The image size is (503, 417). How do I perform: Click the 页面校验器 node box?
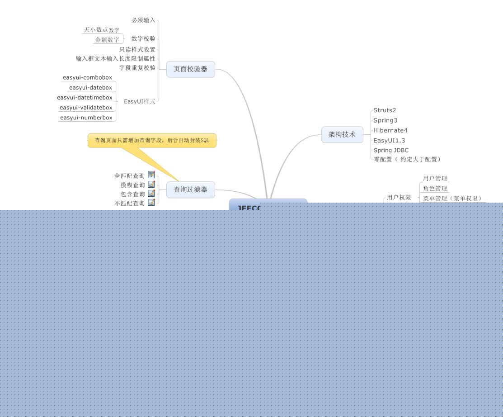click(x=190, y=69)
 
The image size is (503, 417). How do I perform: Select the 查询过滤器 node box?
click(x=190, y=190)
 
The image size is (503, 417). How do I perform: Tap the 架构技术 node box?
click(x=342, y=135)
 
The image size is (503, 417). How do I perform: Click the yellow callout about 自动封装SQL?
click(x=152, y=140)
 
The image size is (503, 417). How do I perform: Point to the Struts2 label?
click(x=385, y=110)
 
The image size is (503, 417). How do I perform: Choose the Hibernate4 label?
click(x=390, y=130)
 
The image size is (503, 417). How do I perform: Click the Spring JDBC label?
click(x=391, y=150)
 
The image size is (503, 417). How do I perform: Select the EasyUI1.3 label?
click(x=389, y=140)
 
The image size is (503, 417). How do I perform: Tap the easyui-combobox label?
click(x=88, y=78)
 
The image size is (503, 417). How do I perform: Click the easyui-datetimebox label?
click(x=85, y=98)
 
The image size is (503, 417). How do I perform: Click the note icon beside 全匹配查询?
click(x=152, y=175)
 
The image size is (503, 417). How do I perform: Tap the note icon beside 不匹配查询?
click(x=152, y=203)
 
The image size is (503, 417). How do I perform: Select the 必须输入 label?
click(x=143, y=20)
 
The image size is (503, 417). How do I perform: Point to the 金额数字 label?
click(x=107, y=40)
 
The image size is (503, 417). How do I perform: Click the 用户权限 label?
click(x=399, y=198)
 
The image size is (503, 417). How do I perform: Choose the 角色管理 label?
click(x=435, y=189)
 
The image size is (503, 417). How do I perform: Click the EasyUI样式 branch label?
click(x=140, y=101)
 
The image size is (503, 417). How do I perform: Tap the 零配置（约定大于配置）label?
click(x=407, y=159)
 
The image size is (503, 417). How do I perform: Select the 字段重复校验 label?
click(x=137, y=68)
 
